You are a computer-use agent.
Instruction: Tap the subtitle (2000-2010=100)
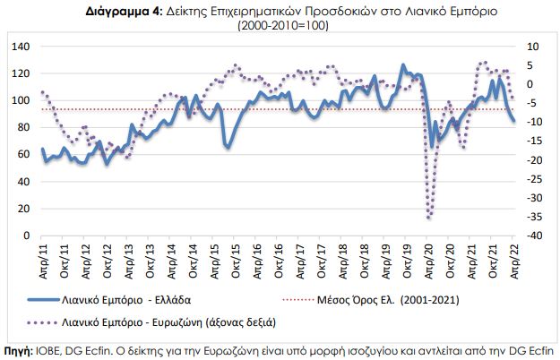click(x=280, y=27)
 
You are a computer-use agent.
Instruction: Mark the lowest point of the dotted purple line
click(x=429, y=218)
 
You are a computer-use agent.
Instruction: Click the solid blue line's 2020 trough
click(x=432, y=146)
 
